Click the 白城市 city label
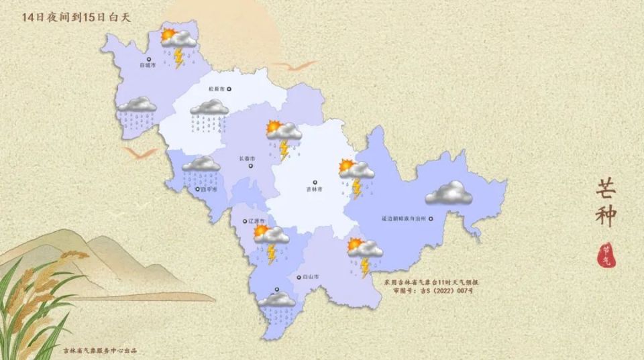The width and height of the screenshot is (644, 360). click(x=147, y=65)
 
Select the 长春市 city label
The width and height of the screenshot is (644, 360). click(x=247, y=159)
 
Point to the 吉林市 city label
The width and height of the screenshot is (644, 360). click(x=314, y=190)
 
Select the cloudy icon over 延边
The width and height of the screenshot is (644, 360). click(x=449, y=193)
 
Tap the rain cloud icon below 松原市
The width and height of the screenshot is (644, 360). click(x=209, y=115)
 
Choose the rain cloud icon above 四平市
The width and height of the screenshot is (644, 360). click(x=201, y=170)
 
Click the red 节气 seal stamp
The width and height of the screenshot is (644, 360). click(x=608, y=253)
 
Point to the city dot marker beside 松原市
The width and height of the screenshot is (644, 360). click(x=229, y=88)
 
